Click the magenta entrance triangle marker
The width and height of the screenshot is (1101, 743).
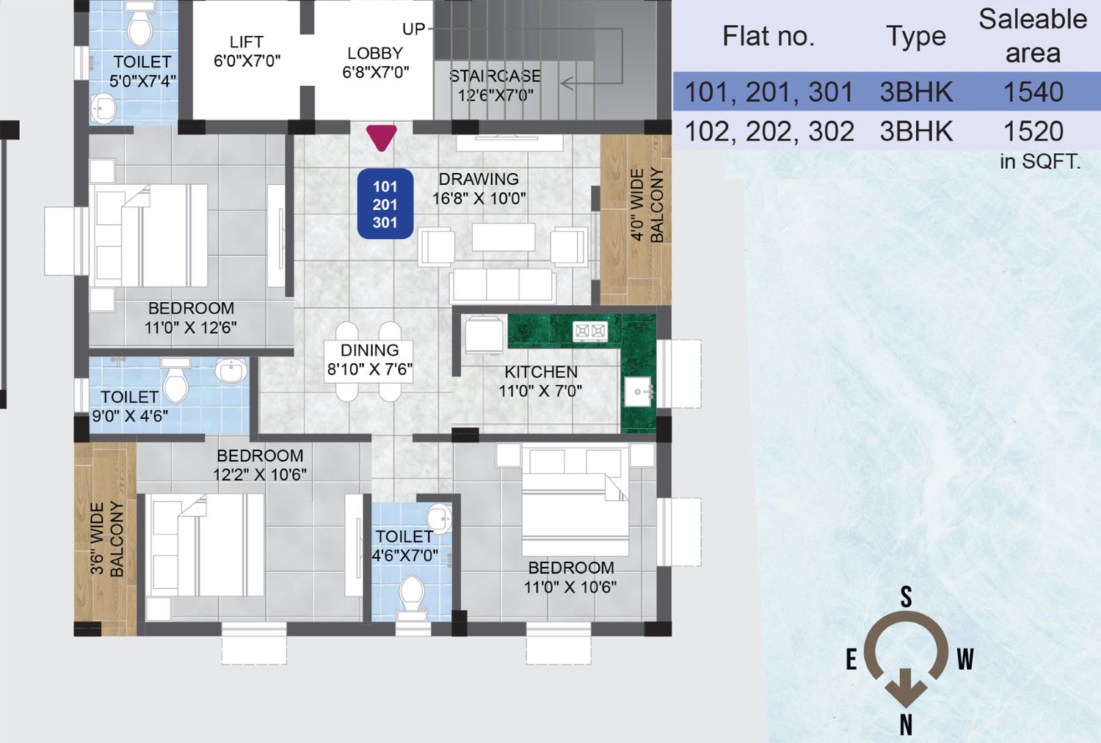382,137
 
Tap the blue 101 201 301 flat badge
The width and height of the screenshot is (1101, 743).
385,204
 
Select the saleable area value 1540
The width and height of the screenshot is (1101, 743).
1033,92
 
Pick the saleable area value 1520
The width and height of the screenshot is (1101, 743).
1033,131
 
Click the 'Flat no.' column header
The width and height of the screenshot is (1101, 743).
768,36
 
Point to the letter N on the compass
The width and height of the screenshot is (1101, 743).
906,725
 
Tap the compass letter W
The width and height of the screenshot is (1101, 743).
965,659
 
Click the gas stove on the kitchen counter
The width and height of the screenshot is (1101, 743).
590,332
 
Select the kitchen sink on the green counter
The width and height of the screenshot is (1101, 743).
639,392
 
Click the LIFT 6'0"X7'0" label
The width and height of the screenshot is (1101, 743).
247,51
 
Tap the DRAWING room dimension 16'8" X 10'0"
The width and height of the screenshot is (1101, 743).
479,198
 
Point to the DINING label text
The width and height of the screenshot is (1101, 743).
370,350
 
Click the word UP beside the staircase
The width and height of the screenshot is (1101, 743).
413,29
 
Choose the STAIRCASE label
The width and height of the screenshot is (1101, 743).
495,76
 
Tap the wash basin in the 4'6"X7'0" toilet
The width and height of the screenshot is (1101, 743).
439,518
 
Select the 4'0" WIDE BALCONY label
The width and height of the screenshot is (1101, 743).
647,205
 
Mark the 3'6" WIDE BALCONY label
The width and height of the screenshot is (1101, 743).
106,538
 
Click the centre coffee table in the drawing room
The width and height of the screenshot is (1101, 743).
504,237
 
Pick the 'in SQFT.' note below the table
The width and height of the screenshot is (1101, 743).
1040,161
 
